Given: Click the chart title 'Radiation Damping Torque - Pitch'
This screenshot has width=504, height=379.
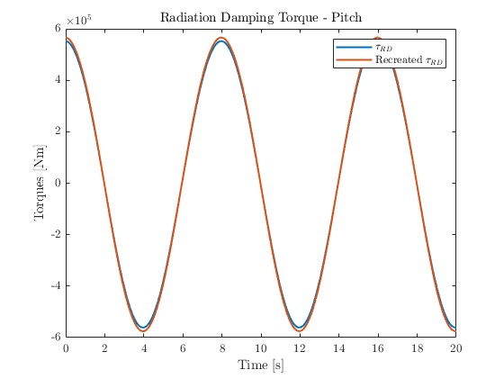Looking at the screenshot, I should pos(260,17).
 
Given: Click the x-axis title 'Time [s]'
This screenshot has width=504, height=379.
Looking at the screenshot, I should pos(260,365).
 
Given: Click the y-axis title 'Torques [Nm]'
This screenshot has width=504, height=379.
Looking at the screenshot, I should pos(40,183).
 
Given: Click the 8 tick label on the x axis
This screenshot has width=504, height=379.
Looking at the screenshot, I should pos(222,347).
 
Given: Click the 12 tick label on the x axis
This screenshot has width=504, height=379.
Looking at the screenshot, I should pos(300,347).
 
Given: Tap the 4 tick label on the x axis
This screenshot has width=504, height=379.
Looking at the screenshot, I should pos(144,347).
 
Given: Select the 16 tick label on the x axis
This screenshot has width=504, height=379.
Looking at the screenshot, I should pos(378,347).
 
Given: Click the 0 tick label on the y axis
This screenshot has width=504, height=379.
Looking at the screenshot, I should pos(58,183).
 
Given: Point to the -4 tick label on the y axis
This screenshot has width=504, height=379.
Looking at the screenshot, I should pos(55,286).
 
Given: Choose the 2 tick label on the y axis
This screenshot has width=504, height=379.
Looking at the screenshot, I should pos(58,131).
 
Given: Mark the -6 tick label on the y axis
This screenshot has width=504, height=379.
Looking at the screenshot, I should pos(55,338).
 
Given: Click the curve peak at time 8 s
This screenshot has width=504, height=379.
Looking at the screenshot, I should pos(221,40).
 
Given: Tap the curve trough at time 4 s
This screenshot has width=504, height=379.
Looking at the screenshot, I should pos(144,329).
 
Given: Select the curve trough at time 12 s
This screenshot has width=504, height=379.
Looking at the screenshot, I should pos(300,329).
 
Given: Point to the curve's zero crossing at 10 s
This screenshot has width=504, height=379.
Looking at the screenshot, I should pos(261,183).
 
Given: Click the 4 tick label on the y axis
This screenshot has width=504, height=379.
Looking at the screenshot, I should pos(58,80).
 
